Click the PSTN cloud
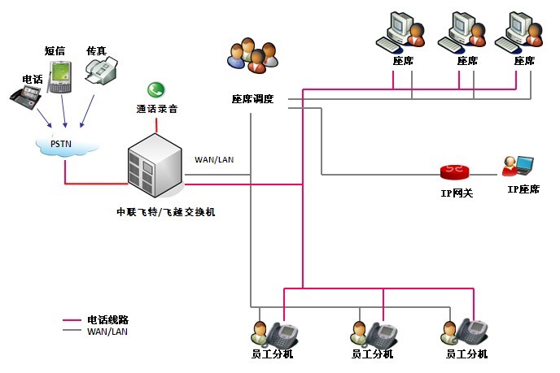[x=68, y=145]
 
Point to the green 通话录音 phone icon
[x=155, y=90]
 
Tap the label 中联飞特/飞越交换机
[x=166, y=211]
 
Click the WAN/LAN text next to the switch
[x=214, y=159]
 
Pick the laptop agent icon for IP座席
[x=518, y=166]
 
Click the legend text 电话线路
[x=107, y=319]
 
